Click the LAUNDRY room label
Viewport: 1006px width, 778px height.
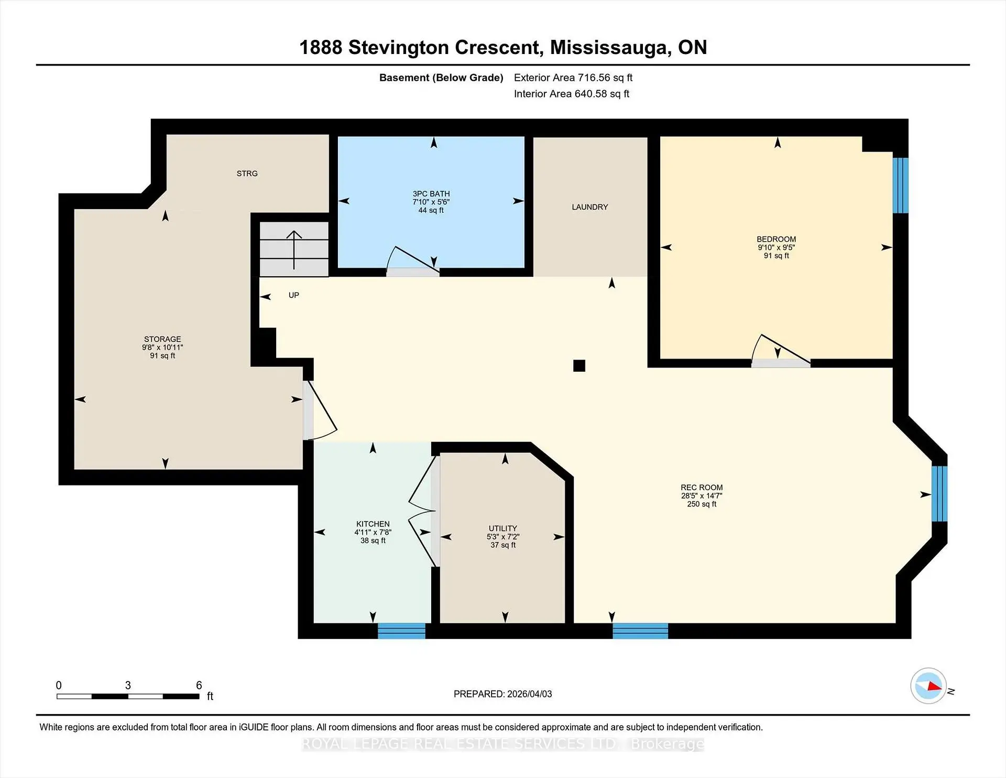[589, 207]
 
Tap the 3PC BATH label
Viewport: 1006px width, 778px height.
[431, 193]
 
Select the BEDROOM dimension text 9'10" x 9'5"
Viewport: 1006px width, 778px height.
[776, 247]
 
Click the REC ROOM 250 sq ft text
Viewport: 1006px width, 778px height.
[702, 504]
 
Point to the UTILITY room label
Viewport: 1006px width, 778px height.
[502, 528]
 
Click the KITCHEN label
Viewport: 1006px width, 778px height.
[373, 524]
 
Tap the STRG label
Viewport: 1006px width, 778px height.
[247, 174]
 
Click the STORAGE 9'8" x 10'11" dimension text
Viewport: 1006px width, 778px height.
[162, 348]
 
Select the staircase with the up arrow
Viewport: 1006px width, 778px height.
[294, 250]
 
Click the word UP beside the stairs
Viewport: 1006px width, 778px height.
[293, 295]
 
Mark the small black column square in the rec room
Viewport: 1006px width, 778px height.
[579, 365]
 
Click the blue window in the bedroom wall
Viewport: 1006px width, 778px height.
[900, 185]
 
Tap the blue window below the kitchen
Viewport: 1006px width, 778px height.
[401, 631]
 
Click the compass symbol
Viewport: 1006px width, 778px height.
[928, 686]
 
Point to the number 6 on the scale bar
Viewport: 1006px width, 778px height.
[199, 685]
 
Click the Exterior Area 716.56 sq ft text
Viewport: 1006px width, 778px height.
[573, 78]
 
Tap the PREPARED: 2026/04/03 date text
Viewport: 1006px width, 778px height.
[502, 694]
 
